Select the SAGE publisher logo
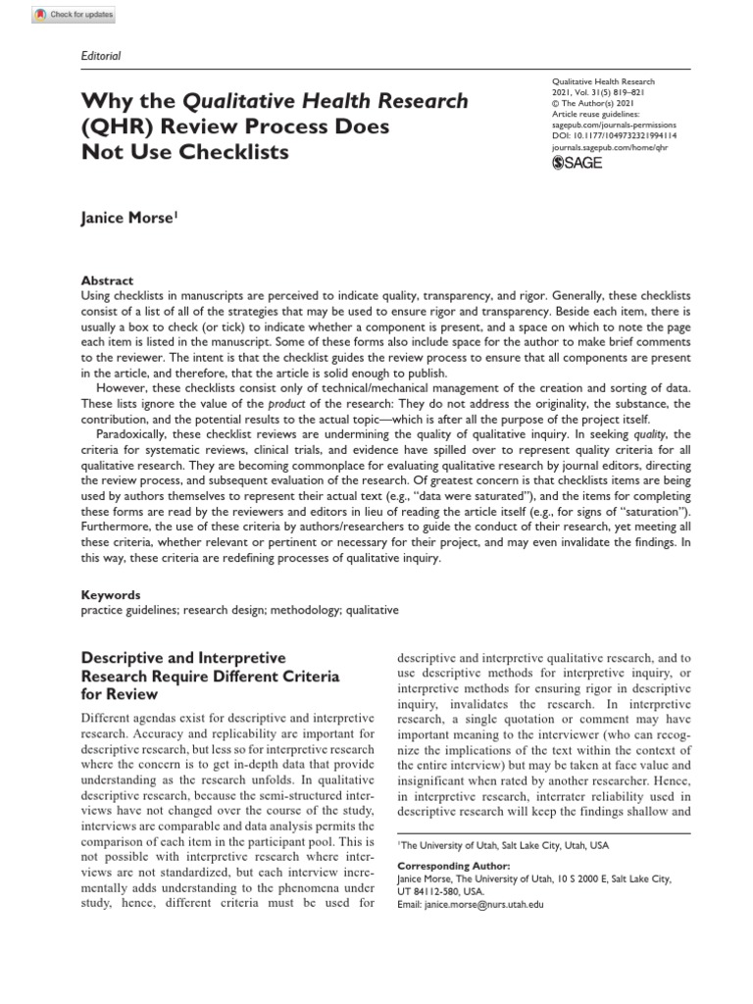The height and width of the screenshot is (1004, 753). point(578,163)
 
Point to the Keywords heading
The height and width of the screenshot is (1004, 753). point(109,594)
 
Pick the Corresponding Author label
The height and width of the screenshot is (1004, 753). point(453,867)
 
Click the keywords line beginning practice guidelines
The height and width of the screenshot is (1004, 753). point(239,609)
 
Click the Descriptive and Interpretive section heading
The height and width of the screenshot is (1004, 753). point(181,658)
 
